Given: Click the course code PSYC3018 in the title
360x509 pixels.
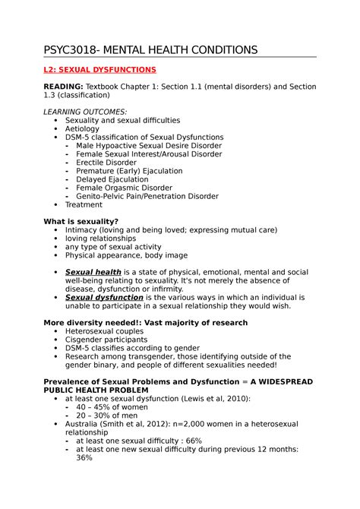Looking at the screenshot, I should coord(70,50).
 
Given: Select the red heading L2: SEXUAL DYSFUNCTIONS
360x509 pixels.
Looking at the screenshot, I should coord(99,70).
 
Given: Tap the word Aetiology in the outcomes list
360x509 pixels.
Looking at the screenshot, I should coord(82,129).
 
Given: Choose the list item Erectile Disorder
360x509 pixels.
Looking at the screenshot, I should coord(106,163).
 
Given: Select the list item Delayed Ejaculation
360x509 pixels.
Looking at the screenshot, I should coord(112,179).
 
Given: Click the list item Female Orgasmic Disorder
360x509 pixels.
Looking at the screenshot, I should coord(124,188).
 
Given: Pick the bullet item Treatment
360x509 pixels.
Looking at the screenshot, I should coord(84,204).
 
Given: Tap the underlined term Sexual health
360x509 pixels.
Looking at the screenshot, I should coord(93,272).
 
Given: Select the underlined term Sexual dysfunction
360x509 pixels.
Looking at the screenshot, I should coord(104,298).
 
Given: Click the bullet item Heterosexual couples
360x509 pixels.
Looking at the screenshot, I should coord(103,331).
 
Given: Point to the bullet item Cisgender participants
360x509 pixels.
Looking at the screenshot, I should coord(106,340).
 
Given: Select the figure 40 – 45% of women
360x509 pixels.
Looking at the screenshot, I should coord(112,406).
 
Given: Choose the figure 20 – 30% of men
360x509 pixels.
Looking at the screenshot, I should coord(107,415).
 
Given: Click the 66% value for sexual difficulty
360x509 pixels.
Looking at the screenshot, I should coord(193,441).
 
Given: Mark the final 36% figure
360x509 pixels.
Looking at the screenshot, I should coord(84,457).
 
